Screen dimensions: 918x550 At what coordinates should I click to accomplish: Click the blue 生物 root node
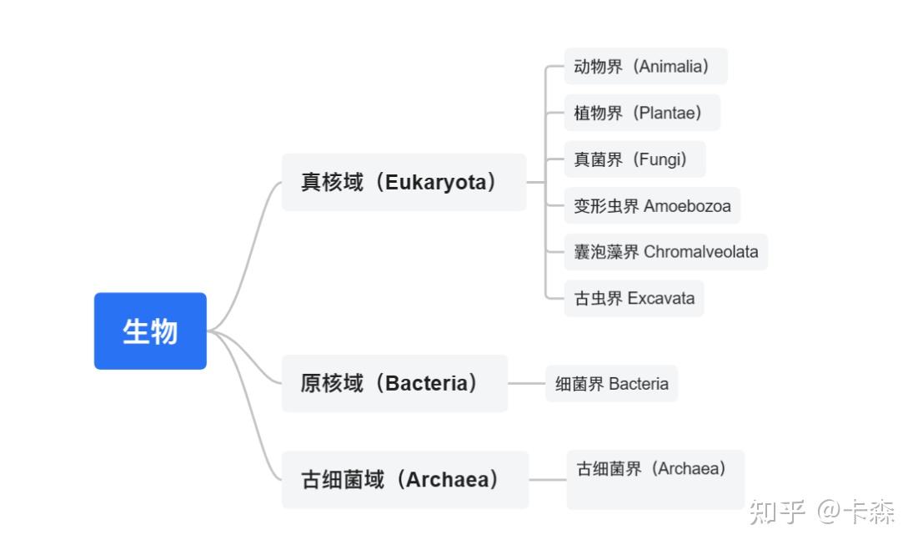coord(150,331)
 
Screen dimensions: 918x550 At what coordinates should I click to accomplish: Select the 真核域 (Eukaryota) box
coord(404,182)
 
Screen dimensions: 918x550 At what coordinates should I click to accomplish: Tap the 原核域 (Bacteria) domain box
coord(394,383)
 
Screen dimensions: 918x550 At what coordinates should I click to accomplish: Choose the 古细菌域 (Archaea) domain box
coord(405,480)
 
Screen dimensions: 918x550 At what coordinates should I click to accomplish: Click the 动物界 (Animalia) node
coord(645,66)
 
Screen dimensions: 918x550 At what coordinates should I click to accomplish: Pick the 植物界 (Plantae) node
coord(642,113)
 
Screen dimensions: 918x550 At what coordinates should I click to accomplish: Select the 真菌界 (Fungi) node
coord(635,159)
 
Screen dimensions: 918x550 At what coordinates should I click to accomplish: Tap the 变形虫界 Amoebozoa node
coord(652,205)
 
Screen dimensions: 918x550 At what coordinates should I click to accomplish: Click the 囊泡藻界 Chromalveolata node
coord(665,252)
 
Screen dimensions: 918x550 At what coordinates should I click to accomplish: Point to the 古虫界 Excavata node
coord(634,299)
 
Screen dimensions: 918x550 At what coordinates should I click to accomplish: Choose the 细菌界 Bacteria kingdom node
coord(612,384)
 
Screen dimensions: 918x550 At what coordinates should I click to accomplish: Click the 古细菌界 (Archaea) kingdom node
coord(655,480)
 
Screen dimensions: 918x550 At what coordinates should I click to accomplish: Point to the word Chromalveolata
coord(700,252)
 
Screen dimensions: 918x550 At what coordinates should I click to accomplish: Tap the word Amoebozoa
coord(687,205)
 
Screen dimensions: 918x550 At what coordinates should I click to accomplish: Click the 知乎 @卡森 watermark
coord(822,512)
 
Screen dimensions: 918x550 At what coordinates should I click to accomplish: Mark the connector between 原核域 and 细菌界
coord(526,384)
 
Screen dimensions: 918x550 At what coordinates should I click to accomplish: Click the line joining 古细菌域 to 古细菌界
coord(548,480)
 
